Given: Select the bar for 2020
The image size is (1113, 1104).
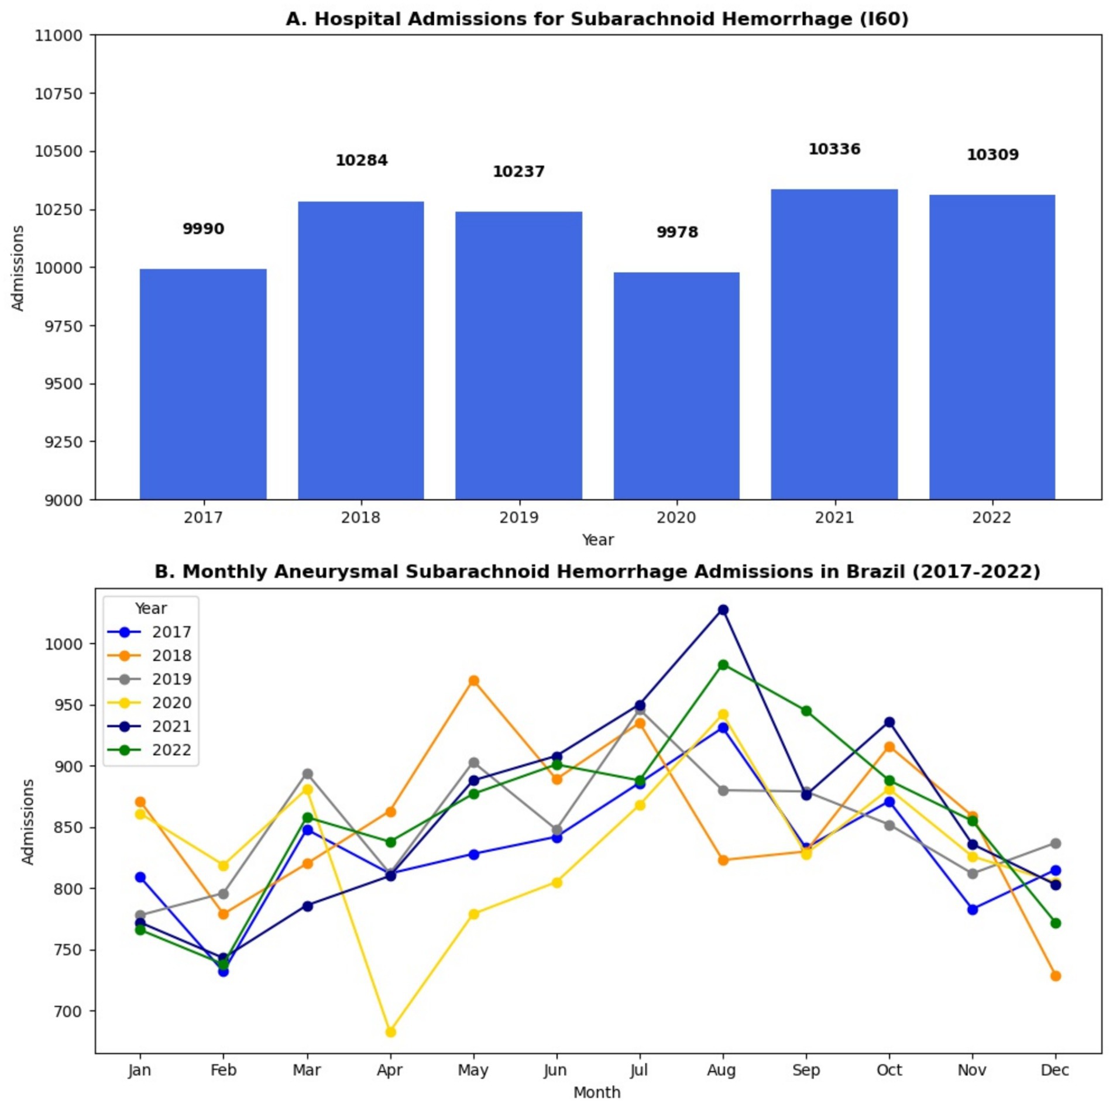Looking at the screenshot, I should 676,386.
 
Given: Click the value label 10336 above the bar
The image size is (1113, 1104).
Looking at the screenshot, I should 834,149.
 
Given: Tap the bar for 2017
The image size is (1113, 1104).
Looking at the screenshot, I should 203,384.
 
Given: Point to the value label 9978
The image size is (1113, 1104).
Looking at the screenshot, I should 676,232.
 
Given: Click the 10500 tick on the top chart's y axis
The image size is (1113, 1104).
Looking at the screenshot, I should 58,152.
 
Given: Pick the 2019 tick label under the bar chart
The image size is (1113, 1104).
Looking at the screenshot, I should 518,518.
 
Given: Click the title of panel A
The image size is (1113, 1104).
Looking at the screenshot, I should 596,19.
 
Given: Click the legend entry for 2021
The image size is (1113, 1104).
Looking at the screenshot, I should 171,726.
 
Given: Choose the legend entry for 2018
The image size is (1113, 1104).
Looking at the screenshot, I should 171,655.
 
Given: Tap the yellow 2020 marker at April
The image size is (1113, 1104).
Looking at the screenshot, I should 390,1032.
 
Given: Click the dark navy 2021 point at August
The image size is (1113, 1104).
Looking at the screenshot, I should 723,610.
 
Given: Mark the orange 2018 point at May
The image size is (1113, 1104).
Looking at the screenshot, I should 473,680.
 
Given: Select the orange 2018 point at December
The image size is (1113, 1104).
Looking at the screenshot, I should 1055,976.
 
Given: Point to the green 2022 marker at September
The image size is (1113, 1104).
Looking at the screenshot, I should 806,711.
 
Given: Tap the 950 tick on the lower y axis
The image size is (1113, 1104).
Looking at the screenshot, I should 70,705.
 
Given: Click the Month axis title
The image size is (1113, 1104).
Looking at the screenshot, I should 596,1092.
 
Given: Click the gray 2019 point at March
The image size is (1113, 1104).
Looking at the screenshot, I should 307,774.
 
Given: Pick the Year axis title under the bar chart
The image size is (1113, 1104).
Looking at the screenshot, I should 597,539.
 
